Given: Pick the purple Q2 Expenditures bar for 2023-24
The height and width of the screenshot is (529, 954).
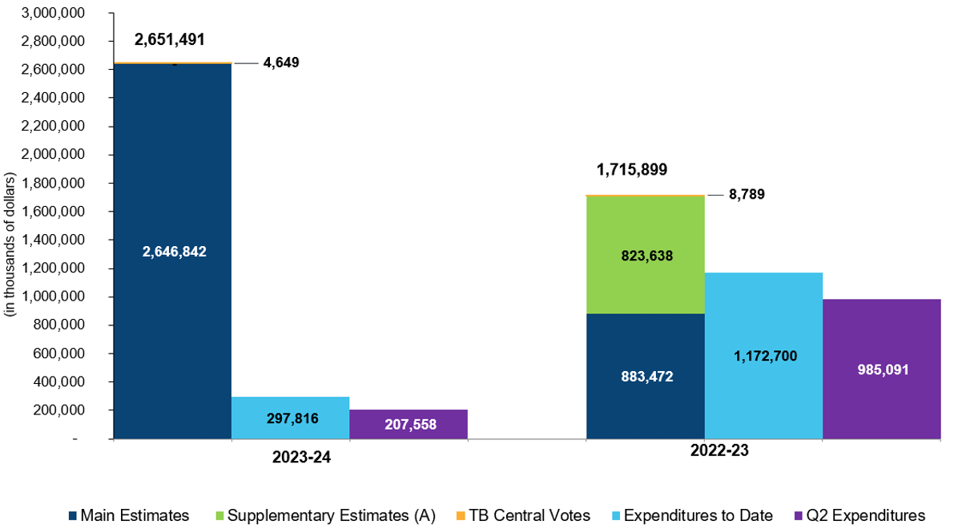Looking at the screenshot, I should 409,424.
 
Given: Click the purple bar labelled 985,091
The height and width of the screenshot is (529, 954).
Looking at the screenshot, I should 882,369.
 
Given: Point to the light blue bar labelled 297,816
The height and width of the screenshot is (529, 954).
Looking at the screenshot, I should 290,418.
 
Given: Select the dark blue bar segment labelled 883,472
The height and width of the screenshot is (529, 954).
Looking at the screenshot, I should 645,376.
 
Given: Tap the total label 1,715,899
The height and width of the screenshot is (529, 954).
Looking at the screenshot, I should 632,170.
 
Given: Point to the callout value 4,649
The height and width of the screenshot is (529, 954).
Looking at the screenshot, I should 281,62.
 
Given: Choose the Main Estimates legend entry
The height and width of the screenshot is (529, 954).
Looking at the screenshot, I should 129,515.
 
